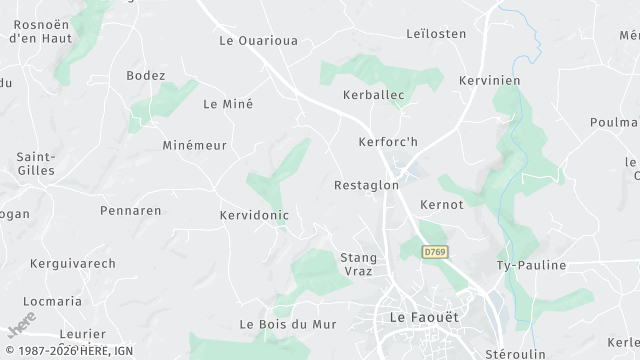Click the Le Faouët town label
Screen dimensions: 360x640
point(423,317)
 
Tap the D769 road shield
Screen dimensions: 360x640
point(433,252)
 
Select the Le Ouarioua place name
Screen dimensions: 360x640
point(258,41)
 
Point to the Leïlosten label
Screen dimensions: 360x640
point(437,34)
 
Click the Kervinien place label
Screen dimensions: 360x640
point(490,79)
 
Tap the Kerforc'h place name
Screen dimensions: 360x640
point(388,142)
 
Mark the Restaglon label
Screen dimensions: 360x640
point(366,185)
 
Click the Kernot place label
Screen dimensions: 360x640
point(442,204)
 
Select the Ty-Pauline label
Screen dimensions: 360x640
point(531,265)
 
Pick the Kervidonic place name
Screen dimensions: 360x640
point(254,215)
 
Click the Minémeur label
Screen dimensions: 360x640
point(194,145)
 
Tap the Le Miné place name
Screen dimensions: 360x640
point(228,104)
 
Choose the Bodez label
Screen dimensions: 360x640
point(146,76)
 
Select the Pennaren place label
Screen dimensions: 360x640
point(131,211)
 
